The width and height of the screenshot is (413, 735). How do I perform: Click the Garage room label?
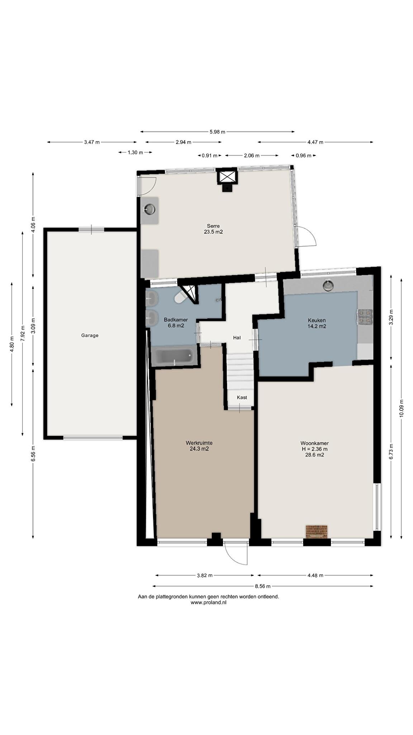90,336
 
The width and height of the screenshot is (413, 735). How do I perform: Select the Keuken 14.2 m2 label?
317,323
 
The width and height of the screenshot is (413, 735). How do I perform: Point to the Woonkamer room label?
315,443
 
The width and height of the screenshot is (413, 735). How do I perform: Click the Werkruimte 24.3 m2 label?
199,446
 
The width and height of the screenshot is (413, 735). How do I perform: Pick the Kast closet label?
242,397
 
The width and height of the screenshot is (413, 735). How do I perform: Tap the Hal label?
237,338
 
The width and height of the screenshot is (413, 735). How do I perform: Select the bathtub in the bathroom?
175,356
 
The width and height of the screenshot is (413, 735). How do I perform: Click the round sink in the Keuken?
328,286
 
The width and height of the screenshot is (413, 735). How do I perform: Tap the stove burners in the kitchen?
365,317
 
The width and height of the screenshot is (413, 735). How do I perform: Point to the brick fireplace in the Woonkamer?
317,532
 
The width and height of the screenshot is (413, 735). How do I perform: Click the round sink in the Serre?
149,209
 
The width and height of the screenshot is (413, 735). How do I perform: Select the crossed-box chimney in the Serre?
227,177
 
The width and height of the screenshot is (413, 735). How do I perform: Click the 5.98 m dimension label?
217,132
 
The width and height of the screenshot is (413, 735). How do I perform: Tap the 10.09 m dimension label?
402,408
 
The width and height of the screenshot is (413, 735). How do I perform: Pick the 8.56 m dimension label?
262,586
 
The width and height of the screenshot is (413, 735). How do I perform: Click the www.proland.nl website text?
208,603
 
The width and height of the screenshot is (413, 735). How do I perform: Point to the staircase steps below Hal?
240,372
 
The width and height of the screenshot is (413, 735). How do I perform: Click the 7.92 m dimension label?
23,333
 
